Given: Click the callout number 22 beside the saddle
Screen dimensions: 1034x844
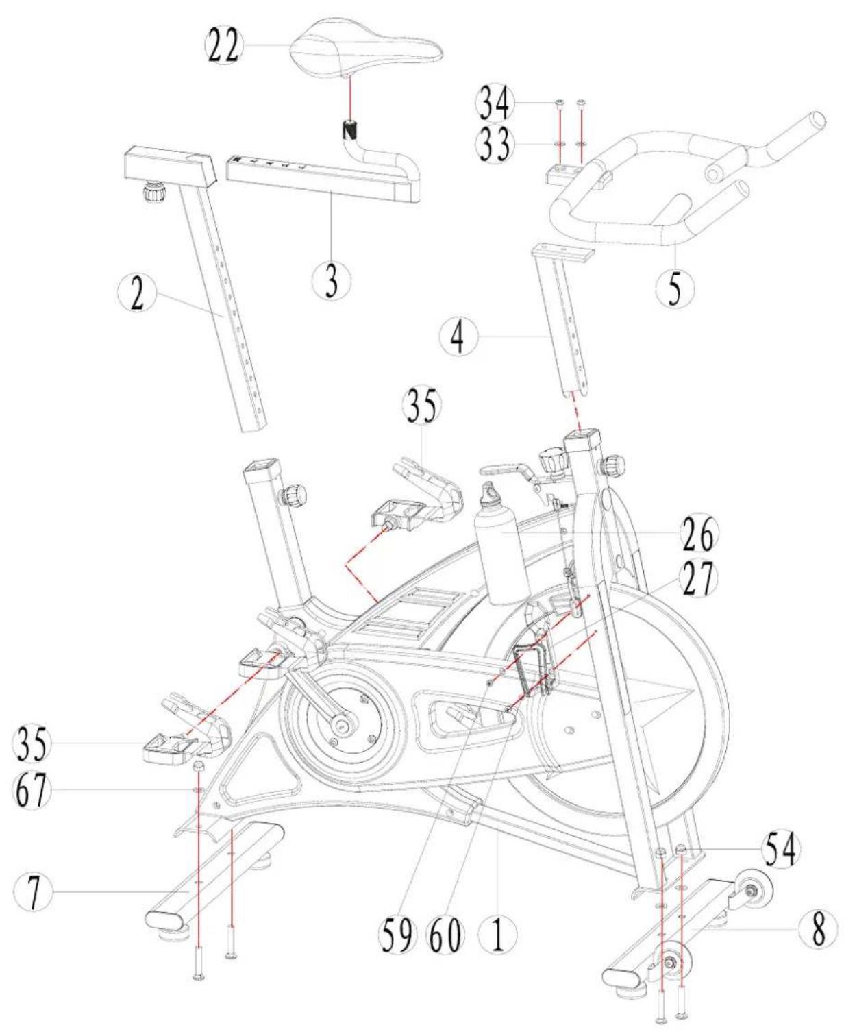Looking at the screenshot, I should [x=224, y=46].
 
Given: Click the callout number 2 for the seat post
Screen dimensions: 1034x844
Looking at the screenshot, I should [x=138, y=295].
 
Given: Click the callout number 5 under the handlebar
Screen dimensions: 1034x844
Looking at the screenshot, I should [x=675, y=288].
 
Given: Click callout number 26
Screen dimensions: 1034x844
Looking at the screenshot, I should [x=696, y=533].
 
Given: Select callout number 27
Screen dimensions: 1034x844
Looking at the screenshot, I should [x=696, y=578].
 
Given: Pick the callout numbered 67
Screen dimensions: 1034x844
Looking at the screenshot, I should [x=32, y=791].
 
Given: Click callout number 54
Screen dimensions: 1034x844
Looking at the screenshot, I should [x=780, y=850].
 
